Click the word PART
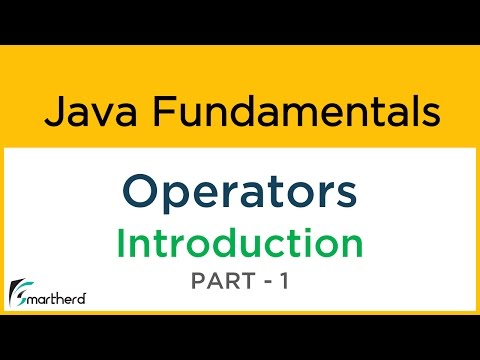pos(221,284)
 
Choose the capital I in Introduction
pos(121,243)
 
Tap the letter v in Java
pos(93,114)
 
